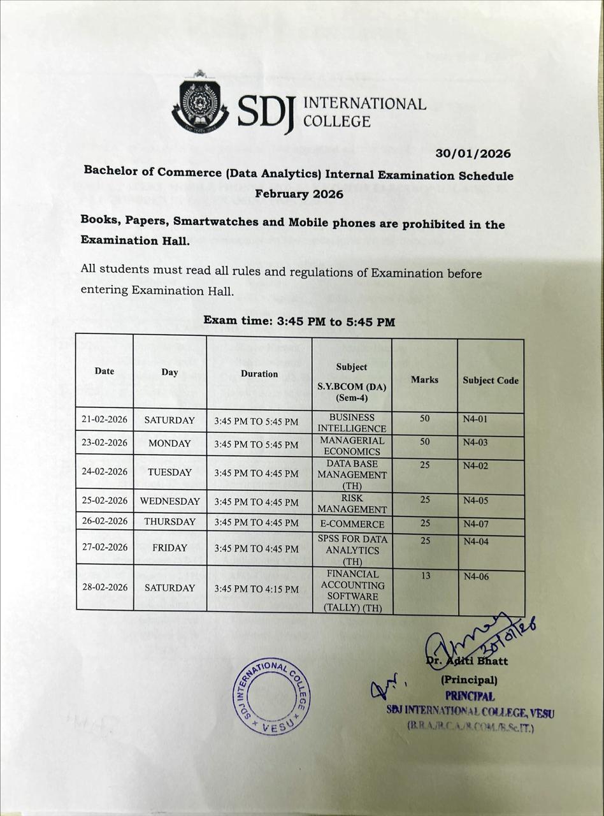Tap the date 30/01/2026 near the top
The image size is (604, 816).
pyautogui.click(x=473, y=154)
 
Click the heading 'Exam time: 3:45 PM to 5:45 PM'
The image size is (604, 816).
pyautogui.click(x=299, y=321)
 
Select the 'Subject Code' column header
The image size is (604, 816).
pyautogui.click(x=491, y=381)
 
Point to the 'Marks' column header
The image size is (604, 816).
pyautogui.click(x=424, y=379)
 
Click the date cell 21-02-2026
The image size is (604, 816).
pyautogui.click(x=104, y=419)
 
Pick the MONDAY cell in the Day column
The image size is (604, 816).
pyautogui.click(x=169, y=443)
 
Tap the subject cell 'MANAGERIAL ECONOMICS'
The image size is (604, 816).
pyautogui.click(x=352, y=446)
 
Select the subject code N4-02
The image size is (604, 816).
pyautogui.click(x=475, y=466)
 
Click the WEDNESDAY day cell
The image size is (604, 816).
pyautogui.click(x=169, y=501)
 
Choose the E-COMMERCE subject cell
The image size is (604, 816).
pyautogui.click(x=352, y=524)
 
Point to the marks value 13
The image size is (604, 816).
pyautogui.click(x=425, y=576)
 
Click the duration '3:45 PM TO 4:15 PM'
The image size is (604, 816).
pyautogui.click(x=256, y=589)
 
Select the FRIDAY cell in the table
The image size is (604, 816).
pyautogui.click(x=169, y=548)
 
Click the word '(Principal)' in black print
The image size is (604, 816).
pyautogui.click(x=469, y=680)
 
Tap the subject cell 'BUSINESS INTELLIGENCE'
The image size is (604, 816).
pyautogui.click(x=352, y=423)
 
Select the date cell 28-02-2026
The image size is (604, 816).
pyautogui.click(x=104, y=587)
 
